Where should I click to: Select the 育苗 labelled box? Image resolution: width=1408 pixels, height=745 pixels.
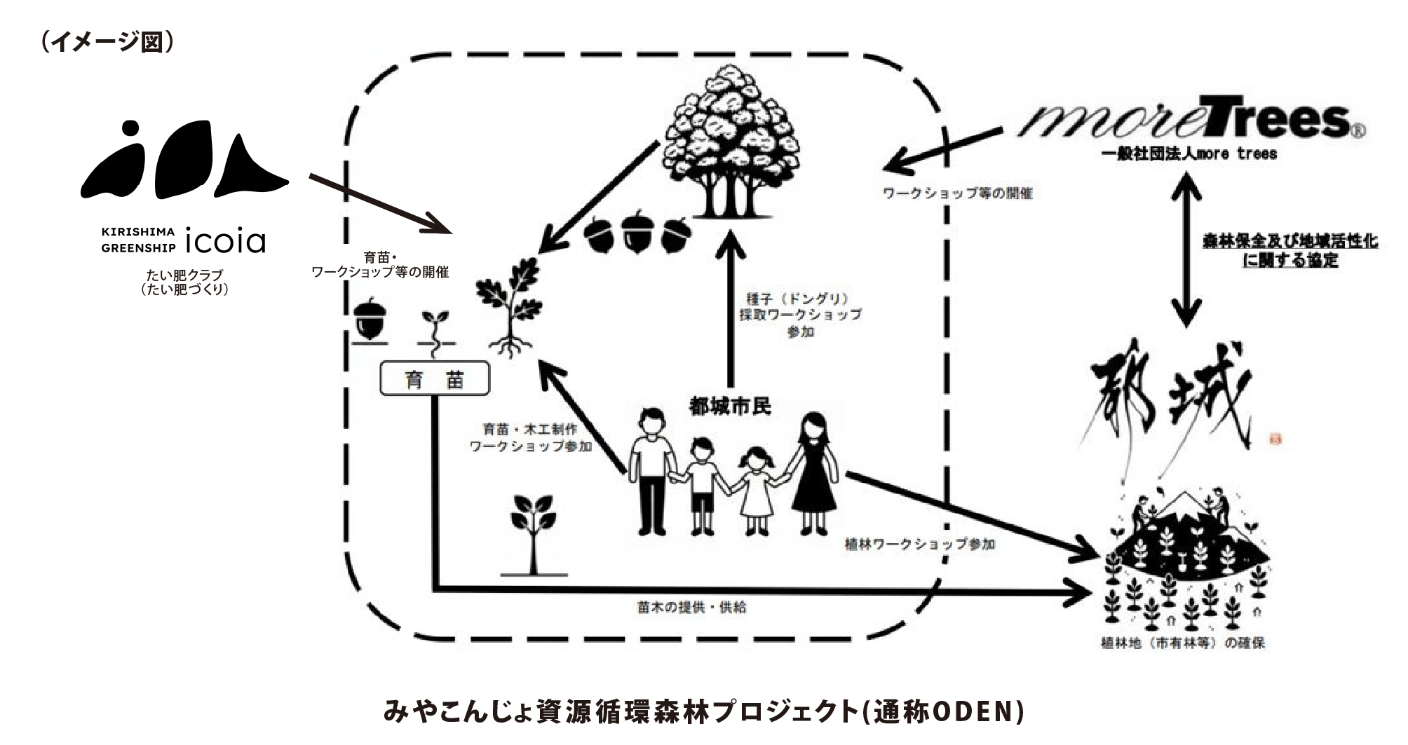point(435,381)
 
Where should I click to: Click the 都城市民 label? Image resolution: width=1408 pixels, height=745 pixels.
point(729,406)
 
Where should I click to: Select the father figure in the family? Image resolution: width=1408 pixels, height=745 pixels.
point(652,471)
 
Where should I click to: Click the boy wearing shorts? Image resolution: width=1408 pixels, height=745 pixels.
point(701,484)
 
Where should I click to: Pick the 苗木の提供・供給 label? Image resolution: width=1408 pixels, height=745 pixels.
point(686,608)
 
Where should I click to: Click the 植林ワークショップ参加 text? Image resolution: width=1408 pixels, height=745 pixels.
point(920,545)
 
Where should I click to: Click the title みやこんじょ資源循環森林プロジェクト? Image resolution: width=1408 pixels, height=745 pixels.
point(703,713)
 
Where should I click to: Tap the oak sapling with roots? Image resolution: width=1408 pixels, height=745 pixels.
point(510,307)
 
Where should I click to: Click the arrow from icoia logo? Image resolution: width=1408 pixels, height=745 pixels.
point(379,203)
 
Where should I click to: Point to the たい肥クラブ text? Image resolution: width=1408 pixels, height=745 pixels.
point(184,275)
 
